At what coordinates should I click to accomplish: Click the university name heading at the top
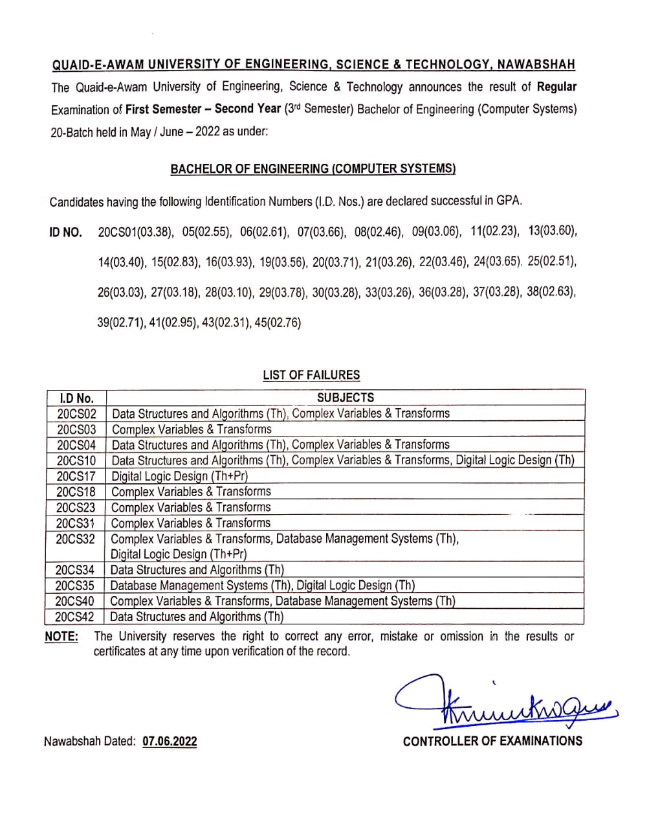(x=313, y=64)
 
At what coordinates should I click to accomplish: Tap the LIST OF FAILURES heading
(x=311, y=375)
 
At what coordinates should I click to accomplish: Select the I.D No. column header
(x=76, y=398)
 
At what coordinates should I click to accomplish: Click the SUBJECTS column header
(x=346, y=398)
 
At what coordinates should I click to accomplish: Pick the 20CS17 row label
(x=76, y=476)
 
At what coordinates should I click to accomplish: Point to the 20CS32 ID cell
(x=76, y=539)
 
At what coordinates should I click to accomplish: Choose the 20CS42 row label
(x=75, y=617)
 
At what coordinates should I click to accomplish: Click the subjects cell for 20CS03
(x=192, y=429)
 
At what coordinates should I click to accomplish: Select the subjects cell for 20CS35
(x=263, y=585)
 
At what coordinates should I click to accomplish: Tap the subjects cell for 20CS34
(x=197, y=570)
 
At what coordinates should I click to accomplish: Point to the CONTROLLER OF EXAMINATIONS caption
(x=492, y=741)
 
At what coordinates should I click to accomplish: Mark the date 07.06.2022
(x=170, y=742)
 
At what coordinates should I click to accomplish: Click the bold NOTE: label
(x=61, y=637)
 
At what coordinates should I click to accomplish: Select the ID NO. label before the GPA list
(x=66, y=233)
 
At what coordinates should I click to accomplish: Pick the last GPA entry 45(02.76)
(x=278, y=323)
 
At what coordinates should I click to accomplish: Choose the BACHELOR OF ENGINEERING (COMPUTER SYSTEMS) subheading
(x=313, y=169)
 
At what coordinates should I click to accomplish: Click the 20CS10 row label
(x=76, y=460)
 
